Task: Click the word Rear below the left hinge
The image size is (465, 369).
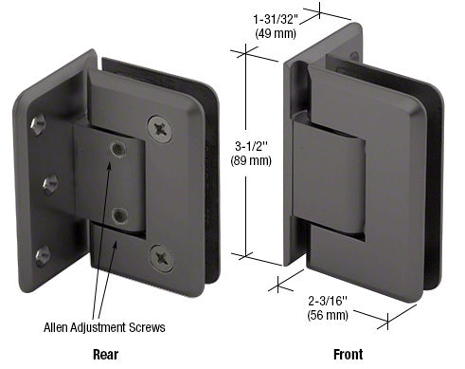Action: (105, 355)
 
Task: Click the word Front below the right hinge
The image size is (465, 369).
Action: (348, 355)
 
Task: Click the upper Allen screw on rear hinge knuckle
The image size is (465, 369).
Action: (117, 149)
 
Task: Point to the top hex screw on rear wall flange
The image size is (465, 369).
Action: (37, 122)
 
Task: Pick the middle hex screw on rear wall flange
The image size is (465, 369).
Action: (50, 179)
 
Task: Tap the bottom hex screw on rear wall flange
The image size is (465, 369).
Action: (42, 253)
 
